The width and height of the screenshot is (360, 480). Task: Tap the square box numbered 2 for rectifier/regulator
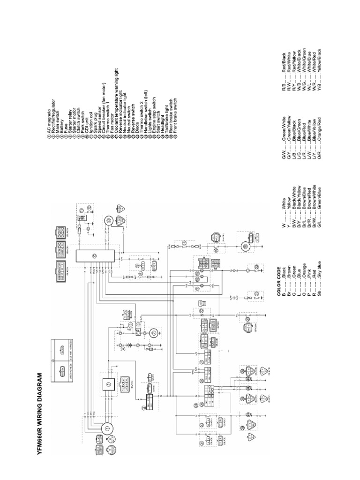pyautogui.click(x=108, y=384)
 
